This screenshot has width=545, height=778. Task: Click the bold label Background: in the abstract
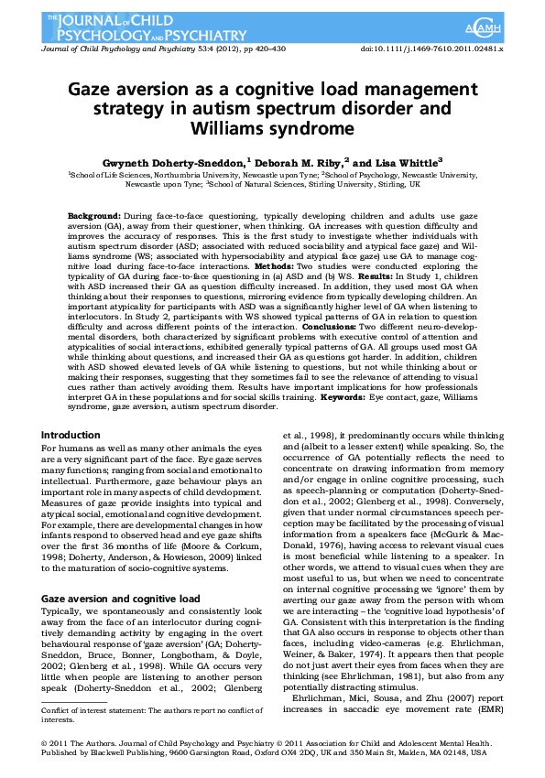[x=93, y=215]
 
